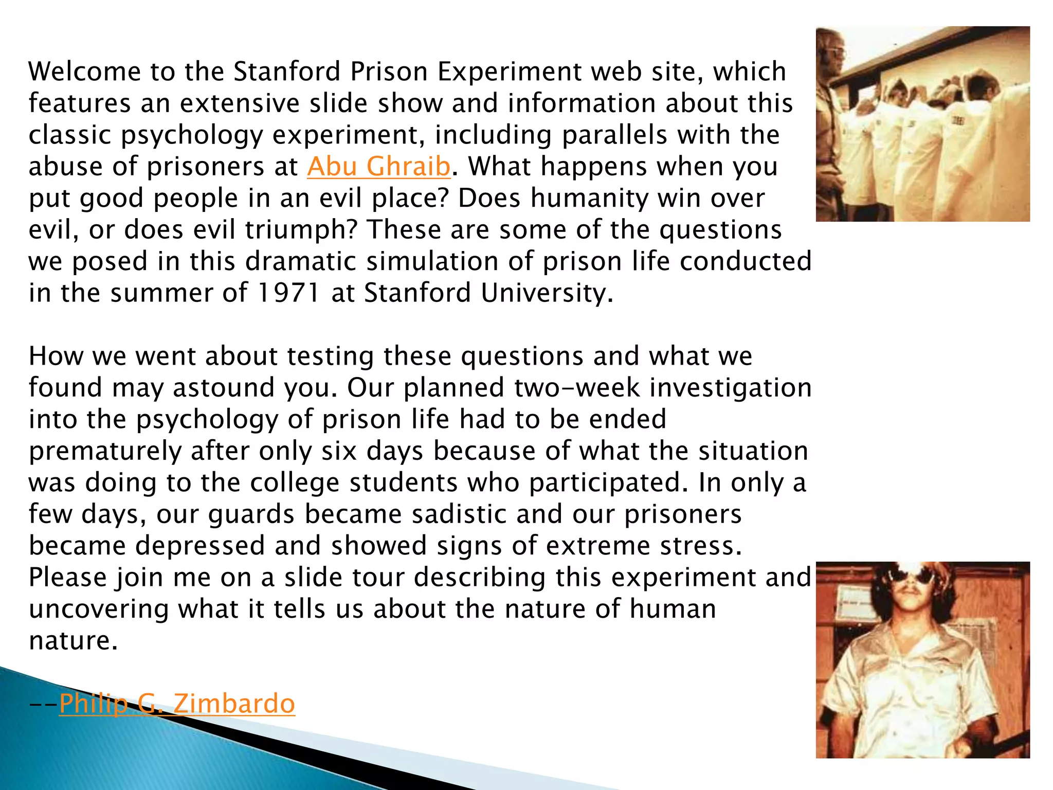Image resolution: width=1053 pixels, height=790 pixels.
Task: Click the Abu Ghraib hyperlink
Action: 378,167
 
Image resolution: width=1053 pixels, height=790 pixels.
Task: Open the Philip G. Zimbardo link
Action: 177,704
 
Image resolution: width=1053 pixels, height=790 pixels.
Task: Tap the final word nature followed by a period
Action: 73,641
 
